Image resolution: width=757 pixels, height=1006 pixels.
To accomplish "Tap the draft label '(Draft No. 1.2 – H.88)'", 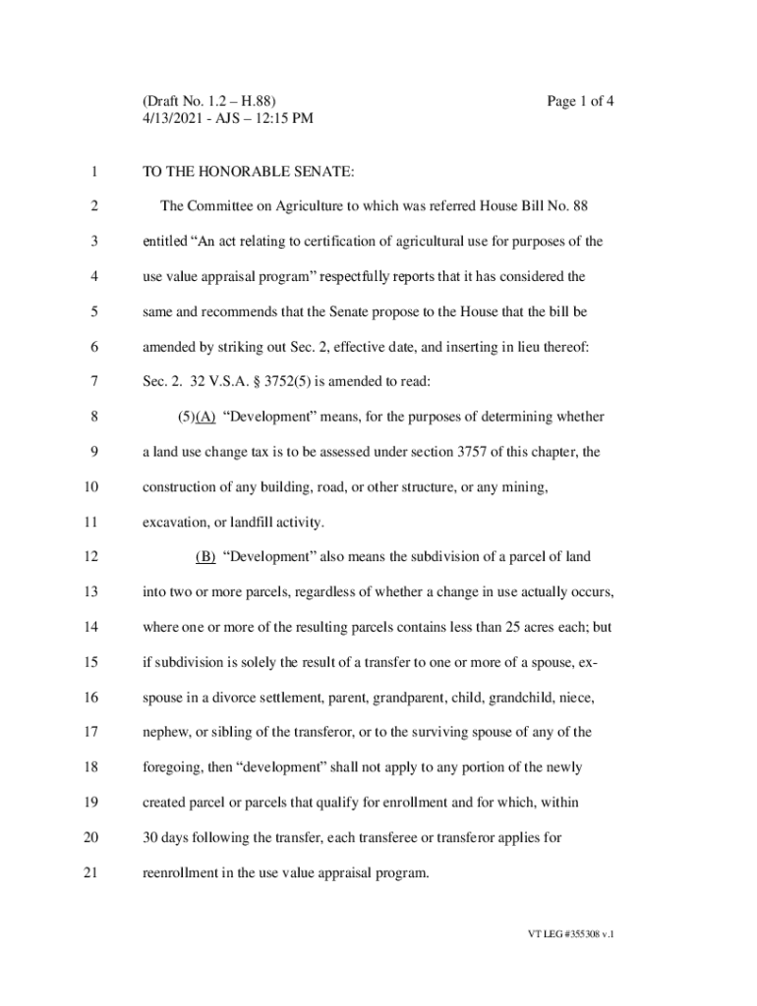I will [209, 101].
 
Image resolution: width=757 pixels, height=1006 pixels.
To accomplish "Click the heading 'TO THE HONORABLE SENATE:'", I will [248, 172].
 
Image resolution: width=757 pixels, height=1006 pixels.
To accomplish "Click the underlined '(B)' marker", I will [205, 557].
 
